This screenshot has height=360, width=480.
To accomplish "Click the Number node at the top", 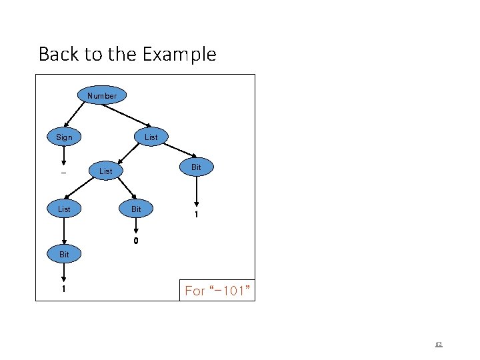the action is [101, 95].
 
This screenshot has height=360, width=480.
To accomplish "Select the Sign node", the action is [64, 137].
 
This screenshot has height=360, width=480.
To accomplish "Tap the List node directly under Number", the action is [151, 137].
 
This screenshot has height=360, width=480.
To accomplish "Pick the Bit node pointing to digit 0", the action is [136, 209].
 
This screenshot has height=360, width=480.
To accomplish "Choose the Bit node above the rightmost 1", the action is [196, 167].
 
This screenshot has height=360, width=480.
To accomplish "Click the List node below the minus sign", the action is [64, 209].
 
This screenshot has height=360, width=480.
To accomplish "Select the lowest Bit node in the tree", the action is [64, 254].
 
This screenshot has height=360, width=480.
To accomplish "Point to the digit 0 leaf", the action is [136, 241].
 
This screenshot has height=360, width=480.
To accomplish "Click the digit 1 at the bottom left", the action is [64, 290].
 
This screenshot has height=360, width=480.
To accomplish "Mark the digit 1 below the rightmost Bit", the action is [196, 215].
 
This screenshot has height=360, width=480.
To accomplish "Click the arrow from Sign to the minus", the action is [64, 156].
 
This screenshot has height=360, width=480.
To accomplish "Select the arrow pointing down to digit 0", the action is [136, 227].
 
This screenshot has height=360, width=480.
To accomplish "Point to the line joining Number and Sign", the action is [83, 117].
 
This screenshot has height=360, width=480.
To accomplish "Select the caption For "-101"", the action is [217, 291].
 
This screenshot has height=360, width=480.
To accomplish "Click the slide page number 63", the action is [438, 345].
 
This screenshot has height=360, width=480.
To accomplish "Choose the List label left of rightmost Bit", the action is [105, 171].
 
